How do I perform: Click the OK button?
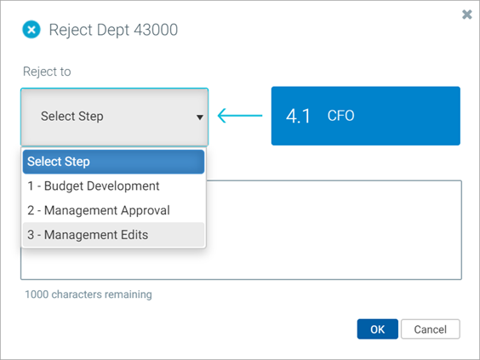(378, 329)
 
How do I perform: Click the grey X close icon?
(467, 14)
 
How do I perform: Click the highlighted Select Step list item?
(113, 162)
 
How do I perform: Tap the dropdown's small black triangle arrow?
(200, 117)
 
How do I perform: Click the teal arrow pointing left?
(240, 116)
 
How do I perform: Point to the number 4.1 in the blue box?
(298, 117)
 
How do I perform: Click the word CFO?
(340, 116)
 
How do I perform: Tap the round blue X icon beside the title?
(31, 30)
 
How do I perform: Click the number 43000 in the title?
(156, 30)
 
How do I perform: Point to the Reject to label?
(47, 71)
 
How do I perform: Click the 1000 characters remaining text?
(89, 294)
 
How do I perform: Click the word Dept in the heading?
(113, 31)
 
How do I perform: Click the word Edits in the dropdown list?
(134, 235)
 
